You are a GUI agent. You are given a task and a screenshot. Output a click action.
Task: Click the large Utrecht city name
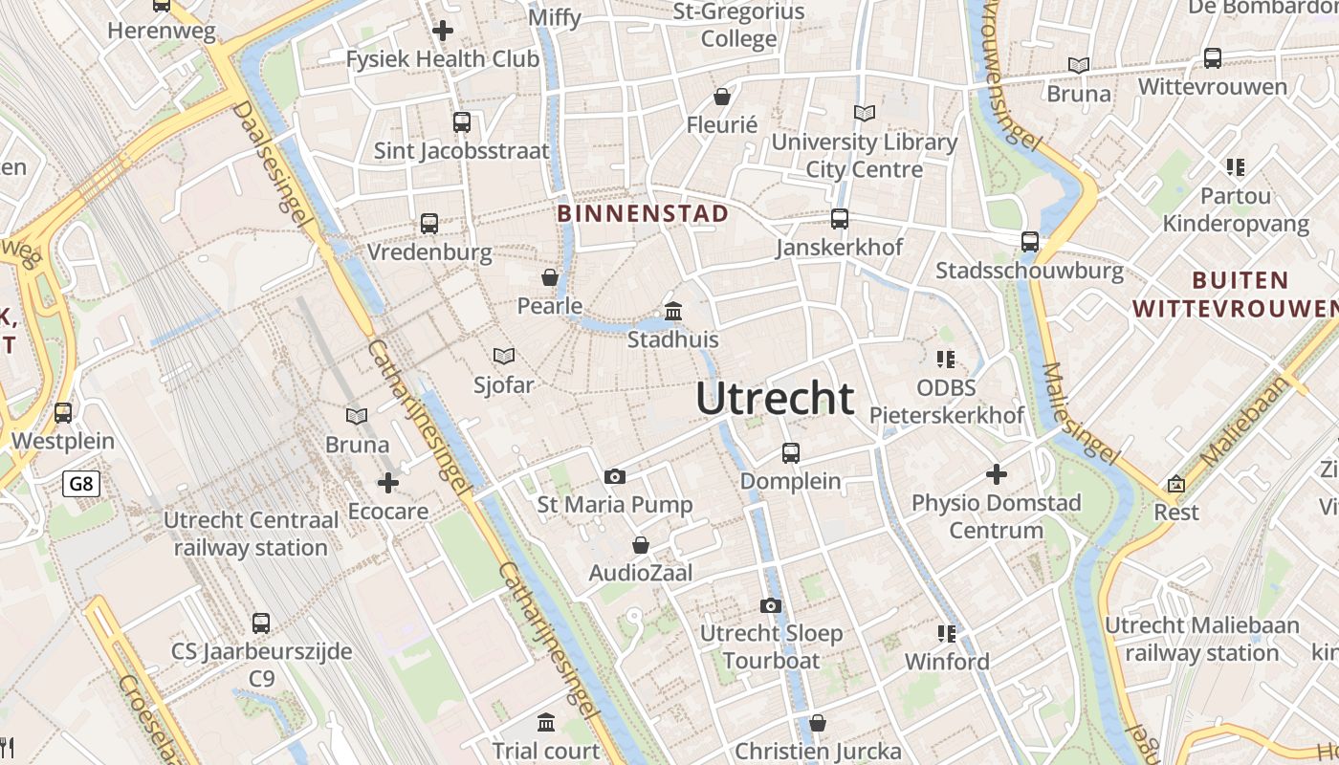[x=775, y=398]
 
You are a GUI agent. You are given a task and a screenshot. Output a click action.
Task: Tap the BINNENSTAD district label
[x=643, y=213]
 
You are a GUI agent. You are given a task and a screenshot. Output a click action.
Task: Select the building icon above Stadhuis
[x=673, y=312]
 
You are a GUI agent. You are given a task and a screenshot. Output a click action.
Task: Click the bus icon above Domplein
[x=791, y=453]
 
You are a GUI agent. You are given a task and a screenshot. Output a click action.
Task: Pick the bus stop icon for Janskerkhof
[x=840, y=219]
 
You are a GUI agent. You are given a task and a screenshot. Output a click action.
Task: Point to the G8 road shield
[x=81, y=484]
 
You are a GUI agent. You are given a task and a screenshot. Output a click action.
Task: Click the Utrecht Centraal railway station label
[x=251, y=535]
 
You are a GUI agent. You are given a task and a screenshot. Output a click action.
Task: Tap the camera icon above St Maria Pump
[x=615, y=476]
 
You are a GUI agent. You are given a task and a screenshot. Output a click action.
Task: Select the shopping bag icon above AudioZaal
[x=641, y=545]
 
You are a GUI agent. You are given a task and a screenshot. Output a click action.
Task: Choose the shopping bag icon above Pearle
[x=550, y=277]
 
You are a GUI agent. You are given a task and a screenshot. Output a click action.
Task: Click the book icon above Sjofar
[x=504, y=356]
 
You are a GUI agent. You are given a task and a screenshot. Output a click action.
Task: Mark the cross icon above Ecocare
[x=387, y=482]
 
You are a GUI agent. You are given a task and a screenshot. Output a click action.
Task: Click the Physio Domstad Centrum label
[x=996, y=516]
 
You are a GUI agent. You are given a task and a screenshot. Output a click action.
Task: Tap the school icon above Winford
[x=947, y=633]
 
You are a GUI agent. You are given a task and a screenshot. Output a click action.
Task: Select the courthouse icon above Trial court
[x=546, y=722]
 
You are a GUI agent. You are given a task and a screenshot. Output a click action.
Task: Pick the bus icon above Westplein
[x=63, y=413]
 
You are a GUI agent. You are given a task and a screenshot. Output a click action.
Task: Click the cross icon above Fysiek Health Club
[x=443, y=31]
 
